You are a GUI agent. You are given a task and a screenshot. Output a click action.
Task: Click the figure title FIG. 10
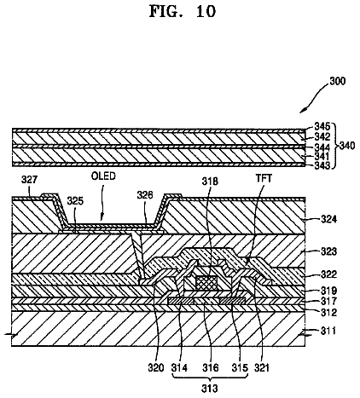click(183, 12)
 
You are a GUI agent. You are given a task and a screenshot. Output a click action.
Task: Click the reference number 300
click(338, 81)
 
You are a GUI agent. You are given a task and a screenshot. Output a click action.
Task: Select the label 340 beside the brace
click(347, 146)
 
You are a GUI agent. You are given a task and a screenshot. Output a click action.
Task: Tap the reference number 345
click(322, 126)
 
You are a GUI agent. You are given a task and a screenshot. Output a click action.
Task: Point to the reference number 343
click(322, 165)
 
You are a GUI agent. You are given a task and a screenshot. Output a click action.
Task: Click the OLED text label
click(103, 176)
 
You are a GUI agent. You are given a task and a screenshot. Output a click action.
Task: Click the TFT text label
click(264, 178)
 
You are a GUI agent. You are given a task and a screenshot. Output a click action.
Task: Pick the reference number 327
click(29, 180)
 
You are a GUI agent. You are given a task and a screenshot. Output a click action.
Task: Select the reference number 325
click(75, 201)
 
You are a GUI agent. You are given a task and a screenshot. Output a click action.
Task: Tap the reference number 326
click(145, 195)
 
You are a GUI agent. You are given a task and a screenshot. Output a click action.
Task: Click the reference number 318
click(210, 181)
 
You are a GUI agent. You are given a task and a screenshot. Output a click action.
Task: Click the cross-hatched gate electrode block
click(206, 282)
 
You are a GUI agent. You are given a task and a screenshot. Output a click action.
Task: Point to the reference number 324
click(329, 219)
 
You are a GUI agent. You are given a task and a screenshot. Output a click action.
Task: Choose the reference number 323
click(329, 251)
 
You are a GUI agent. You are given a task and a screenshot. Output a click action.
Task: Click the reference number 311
click(328, 331)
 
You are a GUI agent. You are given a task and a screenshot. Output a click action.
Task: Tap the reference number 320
click(156, 368)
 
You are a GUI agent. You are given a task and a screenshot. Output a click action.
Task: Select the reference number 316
click(211, 368)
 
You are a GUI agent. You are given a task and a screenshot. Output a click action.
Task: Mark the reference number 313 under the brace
click(210, 389)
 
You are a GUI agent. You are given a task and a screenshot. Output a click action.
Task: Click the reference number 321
click(262, 368)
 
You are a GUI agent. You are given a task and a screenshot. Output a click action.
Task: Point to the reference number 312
click(329, 313)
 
